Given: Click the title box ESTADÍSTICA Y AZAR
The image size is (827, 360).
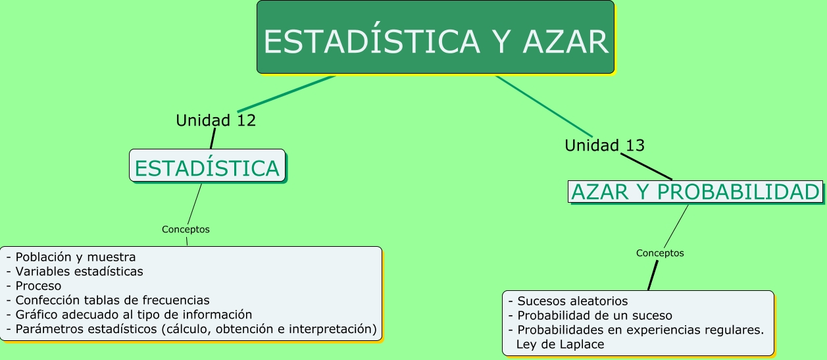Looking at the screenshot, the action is pyautogui.click(x=436, y=37).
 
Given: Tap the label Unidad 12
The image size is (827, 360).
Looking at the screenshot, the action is pyautogui.click(x=216, y=120).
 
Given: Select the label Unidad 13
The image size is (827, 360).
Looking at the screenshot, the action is pyautogui.click(x=605, y=145).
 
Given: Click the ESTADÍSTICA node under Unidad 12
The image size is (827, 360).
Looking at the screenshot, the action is pyautogui.click(x=207, y=165).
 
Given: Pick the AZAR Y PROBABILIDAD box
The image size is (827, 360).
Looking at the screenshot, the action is pyautogui.click(x=695, y=192).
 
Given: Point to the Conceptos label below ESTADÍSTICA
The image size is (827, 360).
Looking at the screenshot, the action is pyautogui.click(x=186, y=229).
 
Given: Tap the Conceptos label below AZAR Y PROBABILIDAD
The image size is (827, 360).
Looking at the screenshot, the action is pyautogui.click(x=660, y=253).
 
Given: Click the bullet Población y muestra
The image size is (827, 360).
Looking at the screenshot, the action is pyautogui.click(x=71, y=257).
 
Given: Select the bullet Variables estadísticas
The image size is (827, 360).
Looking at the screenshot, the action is pyautogui.click(x=75, y=271).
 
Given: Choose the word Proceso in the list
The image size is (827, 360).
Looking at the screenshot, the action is pyautogui.click(x=38, y=286).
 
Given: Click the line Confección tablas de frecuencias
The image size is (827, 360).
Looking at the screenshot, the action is pyautogui.click(x=108, y=300).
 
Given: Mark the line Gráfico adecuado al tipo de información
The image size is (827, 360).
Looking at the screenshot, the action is pyautogui.click(x=129, y=315).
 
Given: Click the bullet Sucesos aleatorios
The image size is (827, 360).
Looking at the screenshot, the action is pyautogui.click(x=568, y=301).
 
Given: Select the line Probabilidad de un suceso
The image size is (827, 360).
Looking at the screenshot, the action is pyautogui.click(x=590, y=316).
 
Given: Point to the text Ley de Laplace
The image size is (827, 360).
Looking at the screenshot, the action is pyautogui.click(x=560, y=344).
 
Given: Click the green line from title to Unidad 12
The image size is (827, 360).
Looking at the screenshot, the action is pyautogui.click(x=286, y=94).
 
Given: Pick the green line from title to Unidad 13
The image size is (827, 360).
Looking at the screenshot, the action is pyautogui.click(x=544, y=107).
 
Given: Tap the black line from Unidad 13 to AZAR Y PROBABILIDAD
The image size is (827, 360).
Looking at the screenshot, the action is pyautogui.click(x=646, y=167).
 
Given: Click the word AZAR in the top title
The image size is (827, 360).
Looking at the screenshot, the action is pyautogui.click(x=565, y=41).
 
